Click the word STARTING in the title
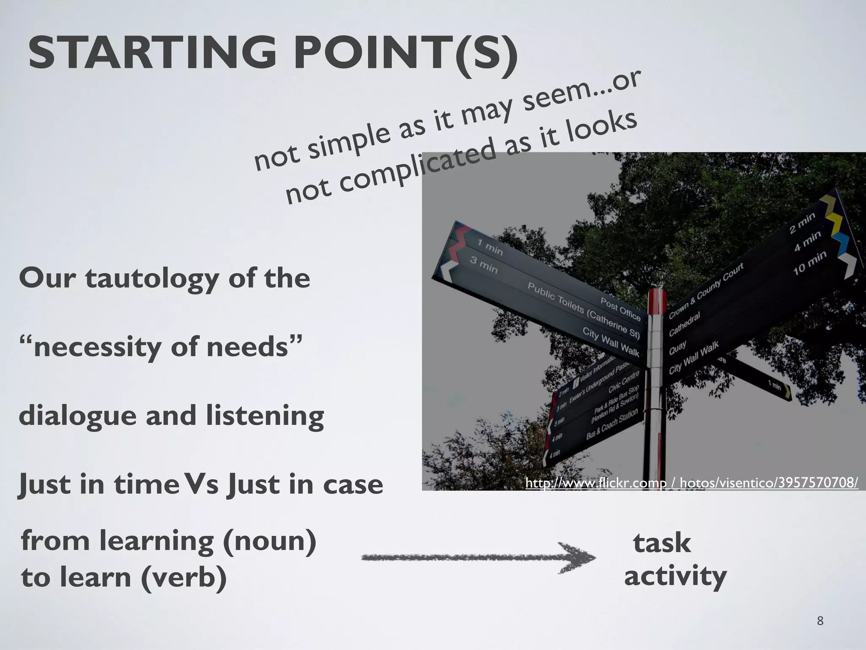(x=152, y=54)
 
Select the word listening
(x=265, y=416)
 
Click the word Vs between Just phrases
(x=203, y=484)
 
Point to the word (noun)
(x=269, y=541)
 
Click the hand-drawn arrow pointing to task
(x=478, y=558)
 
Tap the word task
(x=662, y=543)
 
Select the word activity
(x=675, y=576)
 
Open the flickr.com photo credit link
(x=692, y=482)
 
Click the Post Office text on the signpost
(x=621, y=308)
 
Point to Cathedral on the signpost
(x=685, y=324)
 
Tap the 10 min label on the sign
(x=809, y=263)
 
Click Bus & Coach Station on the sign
(x=612, y=424)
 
